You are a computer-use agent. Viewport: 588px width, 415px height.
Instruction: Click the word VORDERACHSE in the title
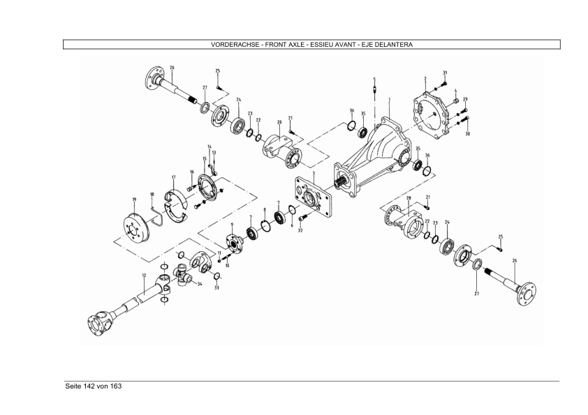pyautogui.click(x=231, y=45)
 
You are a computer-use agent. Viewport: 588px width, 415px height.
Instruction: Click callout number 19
pyautogui.click(x=133, y=199)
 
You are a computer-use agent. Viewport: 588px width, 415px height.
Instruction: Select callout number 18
pyautogui.click(x=152, y=195)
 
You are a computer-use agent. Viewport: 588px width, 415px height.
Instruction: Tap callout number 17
pyautogui.click(x=173, y=177)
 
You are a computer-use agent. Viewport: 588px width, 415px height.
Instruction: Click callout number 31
pyautogui.click(x=445, y=73)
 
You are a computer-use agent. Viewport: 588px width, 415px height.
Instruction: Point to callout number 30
pyautogui.click(x=467, y=133)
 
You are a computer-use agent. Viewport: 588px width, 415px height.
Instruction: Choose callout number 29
pyautogui.click(x=465, y=99)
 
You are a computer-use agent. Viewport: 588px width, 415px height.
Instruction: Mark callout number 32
pyautogui.click(x=300, y=230)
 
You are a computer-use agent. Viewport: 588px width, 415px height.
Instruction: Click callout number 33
pyautogui.click(x=216, y=287)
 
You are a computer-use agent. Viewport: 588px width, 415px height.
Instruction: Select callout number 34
pyautogui.click(x=200, y=284)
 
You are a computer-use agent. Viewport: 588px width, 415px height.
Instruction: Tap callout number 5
pyautogui.click(x=374, y=79)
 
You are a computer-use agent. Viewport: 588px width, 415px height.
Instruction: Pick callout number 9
pyautogui.click(x=231, y=225)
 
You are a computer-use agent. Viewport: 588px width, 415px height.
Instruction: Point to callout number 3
pyautogui.click(x=314, y=173)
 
